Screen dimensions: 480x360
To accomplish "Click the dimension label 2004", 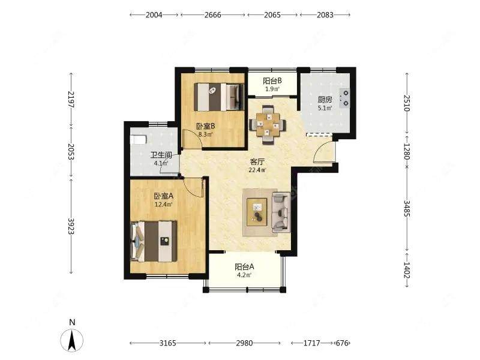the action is click(x=154, y=14).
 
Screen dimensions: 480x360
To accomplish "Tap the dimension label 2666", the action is click(x=213, y=14).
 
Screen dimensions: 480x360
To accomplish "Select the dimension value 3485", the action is click(x=407, y=208).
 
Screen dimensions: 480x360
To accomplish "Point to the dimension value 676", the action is click(x=342, y=343).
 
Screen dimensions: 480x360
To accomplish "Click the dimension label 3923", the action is click(x=71, y=226).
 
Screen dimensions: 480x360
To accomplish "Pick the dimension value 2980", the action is click(x=244, y=343).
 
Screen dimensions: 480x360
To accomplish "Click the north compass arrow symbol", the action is click(x=72, y=340).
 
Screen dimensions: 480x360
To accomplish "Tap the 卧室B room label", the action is click(x=205, y=126).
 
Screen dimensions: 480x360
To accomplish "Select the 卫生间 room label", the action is click(x=161, y=155).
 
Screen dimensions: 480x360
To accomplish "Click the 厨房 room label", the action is click(x=325, y=100).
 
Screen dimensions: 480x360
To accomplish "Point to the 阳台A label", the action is click(x=244, y=266).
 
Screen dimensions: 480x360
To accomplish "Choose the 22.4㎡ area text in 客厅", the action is click(x=257, y=170).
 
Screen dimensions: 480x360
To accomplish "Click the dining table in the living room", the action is click(x=268, y=125).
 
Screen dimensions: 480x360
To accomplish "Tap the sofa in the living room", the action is click(x=281, y=212).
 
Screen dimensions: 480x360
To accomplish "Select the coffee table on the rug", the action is click(x=257, y=212).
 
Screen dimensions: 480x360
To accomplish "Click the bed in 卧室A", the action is click(x=154, y=241).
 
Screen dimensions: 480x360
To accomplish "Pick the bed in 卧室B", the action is click(x=219, y=97).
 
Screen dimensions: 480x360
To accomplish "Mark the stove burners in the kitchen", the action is click(x=346, y=98).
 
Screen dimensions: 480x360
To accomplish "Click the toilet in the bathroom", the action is click(x=138, y=140).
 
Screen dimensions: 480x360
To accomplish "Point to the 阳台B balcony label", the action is click(x=272, y=81).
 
